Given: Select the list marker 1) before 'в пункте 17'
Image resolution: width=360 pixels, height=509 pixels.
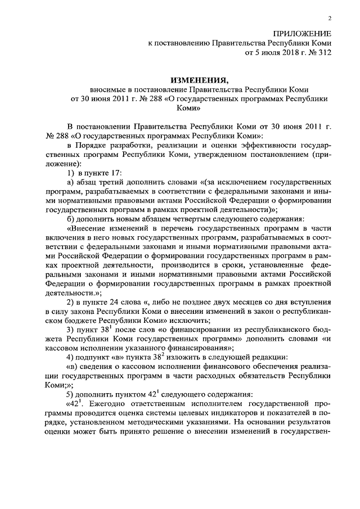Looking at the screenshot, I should coord(71,172).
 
